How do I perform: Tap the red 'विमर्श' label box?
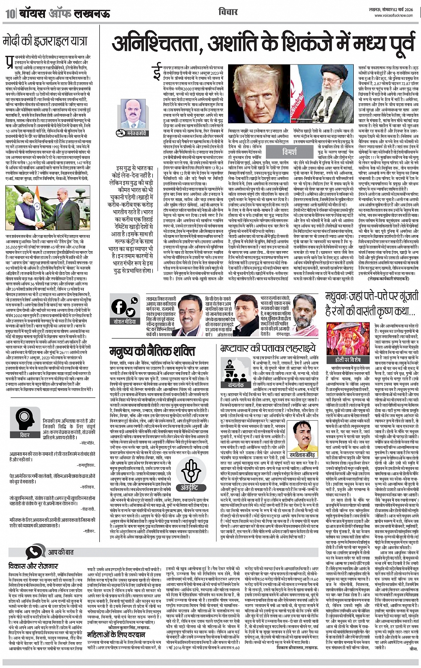tap(290, 152)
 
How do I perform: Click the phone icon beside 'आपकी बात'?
tap(33, 553)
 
